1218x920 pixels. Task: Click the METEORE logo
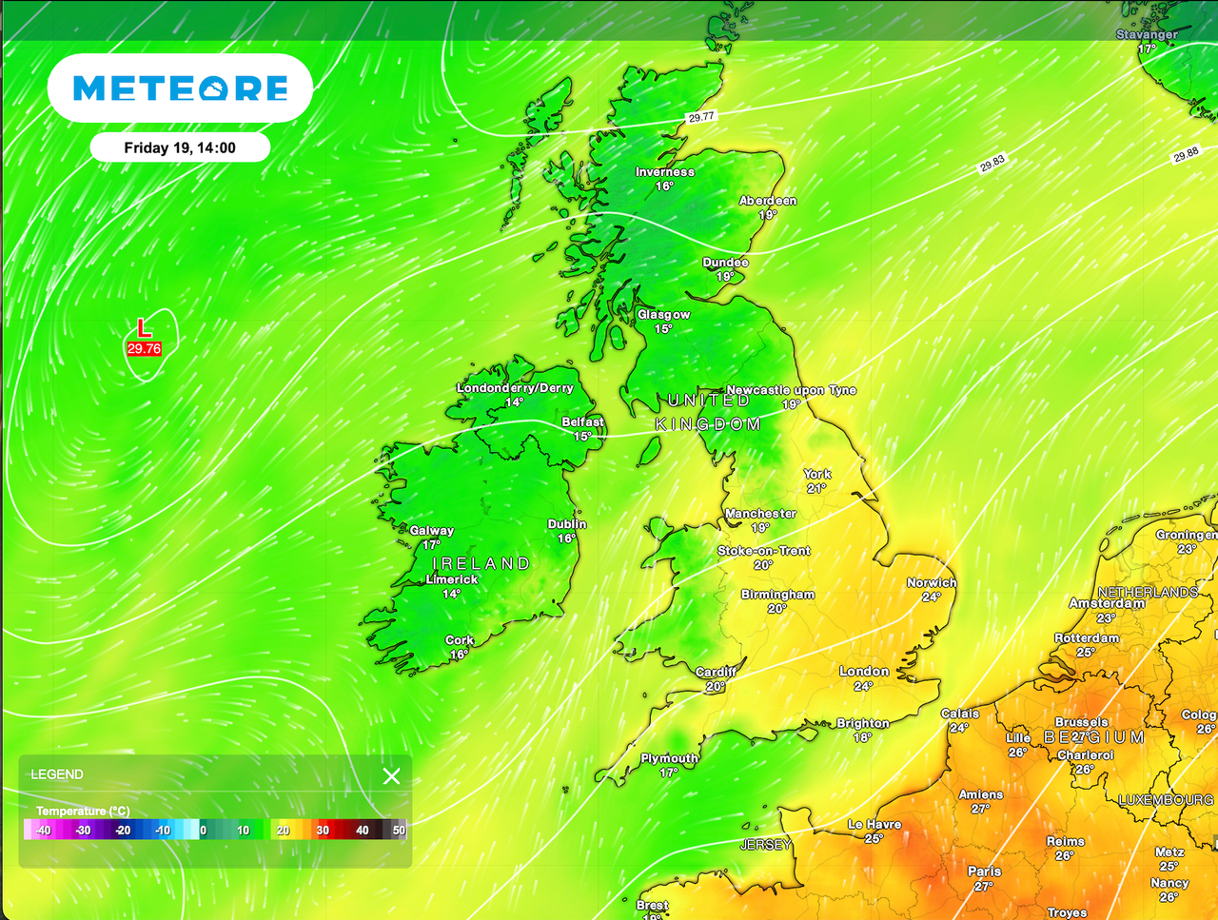(x=181, y=88)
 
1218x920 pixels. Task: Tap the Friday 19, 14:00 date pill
(x=180, y=147)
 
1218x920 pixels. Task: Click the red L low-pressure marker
(x=144, y=328)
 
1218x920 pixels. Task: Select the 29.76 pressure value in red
(x=144, y=349)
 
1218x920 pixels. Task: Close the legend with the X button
(x=391, y=776)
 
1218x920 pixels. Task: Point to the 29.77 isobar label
(x=701, y=117)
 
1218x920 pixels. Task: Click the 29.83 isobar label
(x=992, y=164)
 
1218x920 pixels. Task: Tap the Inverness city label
(x=665, y=172)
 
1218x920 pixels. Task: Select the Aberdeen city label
(x=768, y=201)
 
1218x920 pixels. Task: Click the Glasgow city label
(x=664, y=315)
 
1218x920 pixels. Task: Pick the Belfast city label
(x=583, y=422)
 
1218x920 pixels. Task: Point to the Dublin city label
(x=567, y=524)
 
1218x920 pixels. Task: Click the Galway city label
(x=432, y=531)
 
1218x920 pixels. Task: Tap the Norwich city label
(x=932, y=583)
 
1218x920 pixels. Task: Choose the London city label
(x=864, y=672)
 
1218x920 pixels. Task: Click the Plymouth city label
(x=670, y=758)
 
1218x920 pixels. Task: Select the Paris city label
(x=985, y=871)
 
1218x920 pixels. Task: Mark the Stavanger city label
(x=1147, y=34)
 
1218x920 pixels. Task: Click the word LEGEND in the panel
(x=57, y=774)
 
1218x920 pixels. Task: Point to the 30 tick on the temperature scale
(x=323, y=831)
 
